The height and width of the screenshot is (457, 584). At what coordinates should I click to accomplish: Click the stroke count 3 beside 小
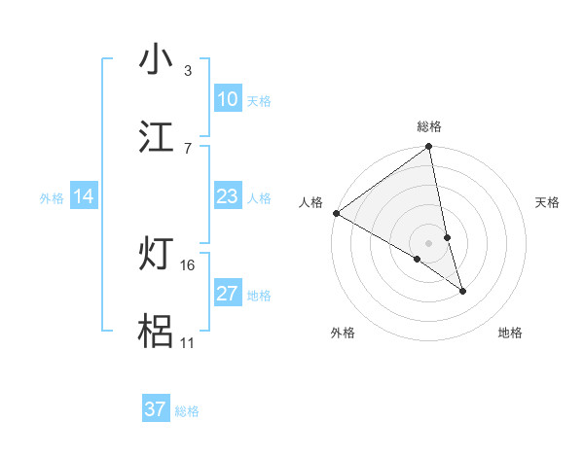point(188,71)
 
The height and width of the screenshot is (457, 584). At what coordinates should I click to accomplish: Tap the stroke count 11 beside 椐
point(187,343)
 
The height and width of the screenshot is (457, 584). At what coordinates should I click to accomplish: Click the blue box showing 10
point(227,99)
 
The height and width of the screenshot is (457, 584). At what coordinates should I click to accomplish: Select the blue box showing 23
point(227,196)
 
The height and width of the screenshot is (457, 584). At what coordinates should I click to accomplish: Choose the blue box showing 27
point(227,294)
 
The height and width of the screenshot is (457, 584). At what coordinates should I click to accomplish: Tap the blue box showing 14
point(84,196)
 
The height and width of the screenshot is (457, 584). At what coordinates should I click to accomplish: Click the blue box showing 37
point(156,409)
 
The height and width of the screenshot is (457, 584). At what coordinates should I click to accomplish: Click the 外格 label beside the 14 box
point(52,198)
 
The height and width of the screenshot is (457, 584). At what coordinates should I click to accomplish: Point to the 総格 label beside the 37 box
point(187,411)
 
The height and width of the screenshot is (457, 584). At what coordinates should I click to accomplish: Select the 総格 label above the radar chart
point(429,126)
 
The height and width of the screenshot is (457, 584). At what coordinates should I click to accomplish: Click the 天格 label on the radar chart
point(548,202)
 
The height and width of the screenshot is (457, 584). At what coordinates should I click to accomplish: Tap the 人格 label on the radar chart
point(310,202)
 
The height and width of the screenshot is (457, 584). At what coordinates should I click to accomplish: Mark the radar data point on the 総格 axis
point(429,148)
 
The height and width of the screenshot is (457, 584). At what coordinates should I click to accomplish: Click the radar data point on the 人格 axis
point(336,213)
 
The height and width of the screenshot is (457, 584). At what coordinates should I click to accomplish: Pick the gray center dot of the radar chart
point(429,242)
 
